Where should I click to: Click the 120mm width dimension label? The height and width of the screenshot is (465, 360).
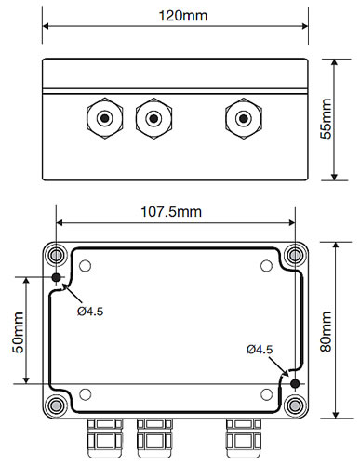[x=183, y=16]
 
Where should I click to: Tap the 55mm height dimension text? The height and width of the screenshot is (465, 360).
[x=326, y=119]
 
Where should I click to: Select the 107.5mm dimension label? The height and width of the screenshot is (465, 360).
[x=171, y=212]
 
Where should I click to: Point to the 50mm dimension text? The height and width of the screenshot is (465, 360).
[x=18, y=333]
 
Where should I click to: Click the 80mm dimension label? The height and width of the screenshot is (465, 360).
[x=326, y=331]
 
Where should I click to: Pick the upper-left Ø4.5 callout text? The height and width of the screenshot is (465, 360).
[x=90, y=312]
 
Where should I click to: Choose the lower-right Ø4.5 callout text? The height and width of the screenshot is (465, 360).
[x=260, y=350]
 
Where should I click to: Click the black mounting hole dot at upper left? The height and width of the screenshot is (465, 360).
[x=56, y=277]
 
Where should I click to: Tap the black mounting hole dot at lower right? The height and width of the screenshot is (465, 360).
[x=295, y=384]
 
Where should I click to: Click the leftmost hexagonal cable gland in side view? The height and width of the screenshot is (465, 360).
[x=105, y=118]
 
